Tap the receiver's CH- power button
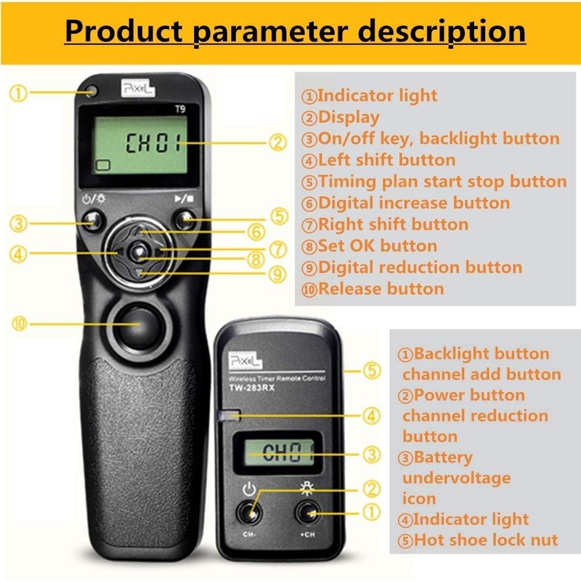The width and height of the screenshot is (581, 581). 251,514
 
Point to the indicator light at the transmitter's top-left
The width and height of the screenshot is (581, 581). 91,92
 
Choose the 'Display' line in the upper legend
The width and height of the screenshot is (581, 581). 341,117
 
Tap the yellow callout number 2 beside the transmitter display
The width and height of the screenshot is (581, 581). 277,142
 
